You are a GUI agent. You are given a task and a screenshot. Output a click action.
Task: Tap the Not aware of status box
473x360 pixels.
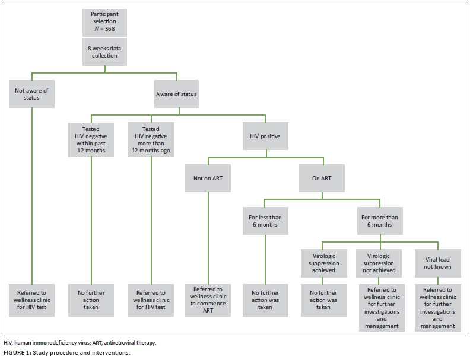[31, 94]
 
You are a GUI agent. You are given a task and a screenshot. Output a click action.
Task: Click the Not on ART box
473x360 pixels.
[208, 179]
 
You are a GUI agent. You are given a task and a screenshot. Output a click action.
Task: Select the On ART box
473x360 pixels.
[323, 179]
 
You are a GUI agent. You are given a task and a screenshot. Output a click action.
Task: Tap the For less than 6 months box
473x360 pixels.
[265, 221]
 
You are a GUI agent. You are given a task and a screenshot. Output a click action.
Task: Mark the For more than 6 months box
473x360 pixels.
[380, 221]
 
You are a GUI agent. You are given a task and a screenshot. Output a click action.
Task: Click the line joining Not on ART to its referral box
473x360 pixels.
[208, 237]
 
